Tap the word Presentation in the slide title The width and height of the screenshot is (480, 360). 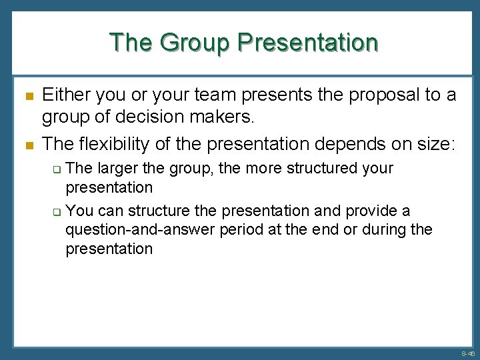(308, 42)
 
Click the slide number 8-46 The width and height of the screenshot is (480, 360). (467, 354)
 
